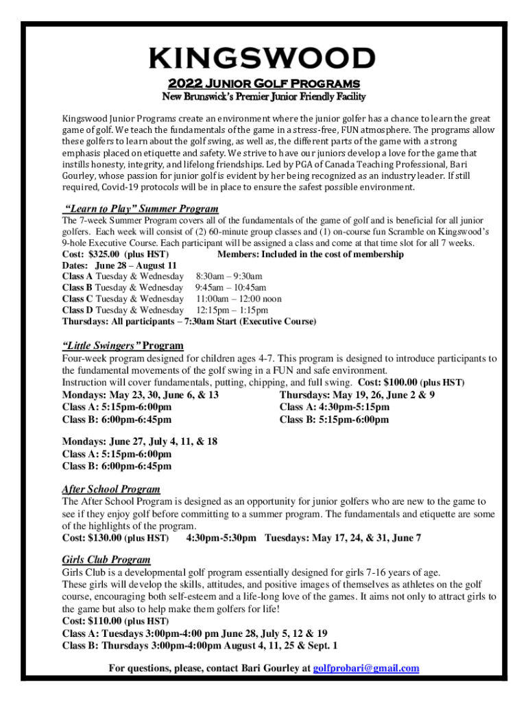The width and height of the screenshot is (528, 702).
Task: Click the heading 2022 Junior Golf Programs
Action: [264, 84]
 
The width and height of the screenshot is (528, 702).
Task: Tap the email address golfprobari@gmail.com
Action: [366, 668]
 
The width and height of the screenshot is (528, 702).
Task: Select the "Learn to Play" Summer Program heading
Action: [141, 208]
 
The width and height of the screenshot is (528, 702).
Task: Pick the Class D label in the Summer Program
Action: [77, 310]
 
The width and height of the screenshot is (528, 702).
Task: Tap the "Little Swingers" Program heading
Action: [123, 346]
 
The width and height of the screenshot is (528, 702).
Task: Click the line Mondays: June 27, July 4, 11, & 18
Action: [140, 441]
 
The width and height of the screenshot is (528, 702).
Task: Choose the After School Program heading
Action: [111, 489]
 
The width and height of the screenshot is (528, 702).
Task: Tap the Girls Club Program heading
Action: [106, 559]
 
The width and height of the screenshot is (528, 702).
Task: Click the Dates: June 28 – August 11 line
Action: [120, 265]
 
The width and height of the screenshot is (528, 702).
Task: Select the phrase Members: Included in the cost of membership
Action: [310, 254]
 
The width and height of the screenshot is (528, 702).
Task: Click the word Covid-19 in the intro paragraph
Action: [121, 187]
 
